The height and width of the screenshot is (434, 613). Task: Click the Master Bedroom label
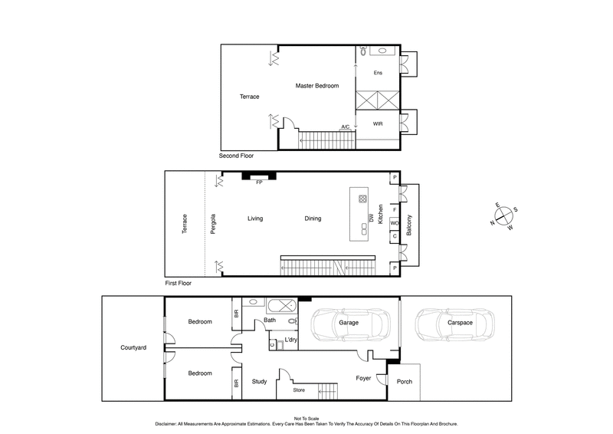click(x=316, y=86)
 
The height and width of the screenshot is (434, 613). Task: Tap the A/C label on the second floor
click(x=346, y=127)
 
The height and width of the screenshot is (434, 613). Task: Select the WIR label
click(x=378, y=123)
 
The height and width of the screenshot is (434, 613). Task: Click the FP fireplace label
click(x=259, y=183)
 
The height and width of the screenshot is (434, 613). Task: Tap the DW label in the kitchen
click(x=371, y=219)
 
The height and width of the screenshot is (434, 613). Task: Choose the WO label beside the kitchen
click(x=395, y=223)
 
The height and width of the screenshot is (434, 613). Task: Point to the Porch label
click(x=404, y=381)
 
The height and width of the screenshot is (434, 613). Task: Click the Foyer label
click(x=364, y=378)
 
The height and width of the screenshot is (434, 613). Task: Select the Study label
click(x=259, y=381)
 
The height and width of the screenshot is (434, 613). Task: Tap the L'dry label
click(x=291, y=339)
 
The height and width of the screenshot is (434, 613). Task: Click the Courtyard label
click(x=133, y=347)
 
